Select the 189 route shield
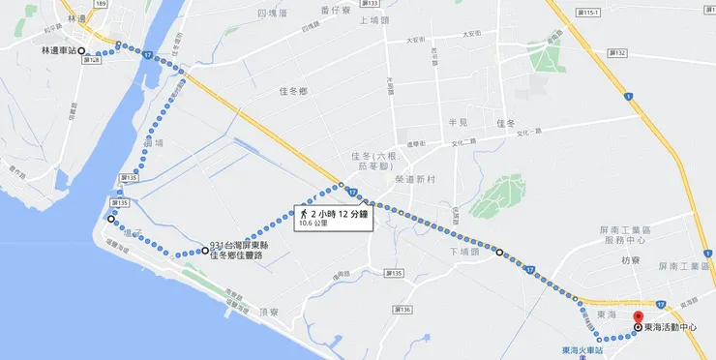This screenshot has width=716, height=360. [101, 5]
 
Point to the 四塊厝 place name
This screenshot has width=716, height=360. [274, 13]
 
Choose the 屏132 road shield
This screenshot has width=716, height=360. [619, 52]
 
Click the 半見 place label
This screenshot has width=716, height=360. [458, 123]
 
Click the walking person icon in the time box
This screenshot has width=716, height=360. [304, 212]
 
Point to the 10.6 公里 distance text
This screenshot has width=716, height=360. [313, 223]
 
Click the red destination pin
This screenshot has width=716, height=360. [637, 317]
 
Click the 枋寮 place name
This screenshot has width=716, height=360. [631, 260]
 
